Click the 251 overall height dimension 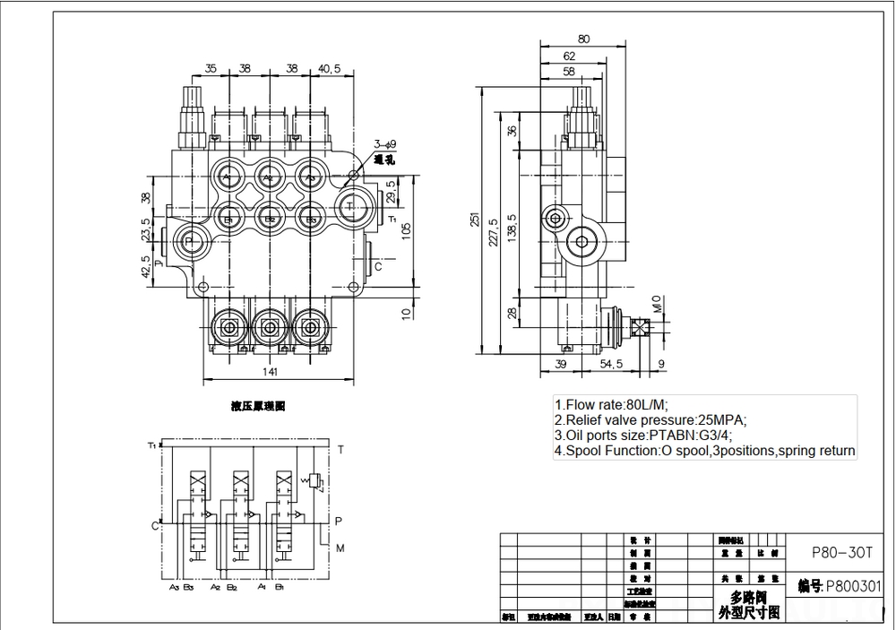476,219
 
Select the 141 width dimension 270,371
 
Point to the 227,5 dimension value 495,230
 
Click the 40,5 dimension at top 330,67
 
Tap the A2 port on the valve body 269,176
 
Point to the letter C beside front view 378,266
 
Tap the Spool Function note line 704,451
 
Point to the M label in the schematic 339,548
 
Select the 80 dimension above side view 583,39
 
